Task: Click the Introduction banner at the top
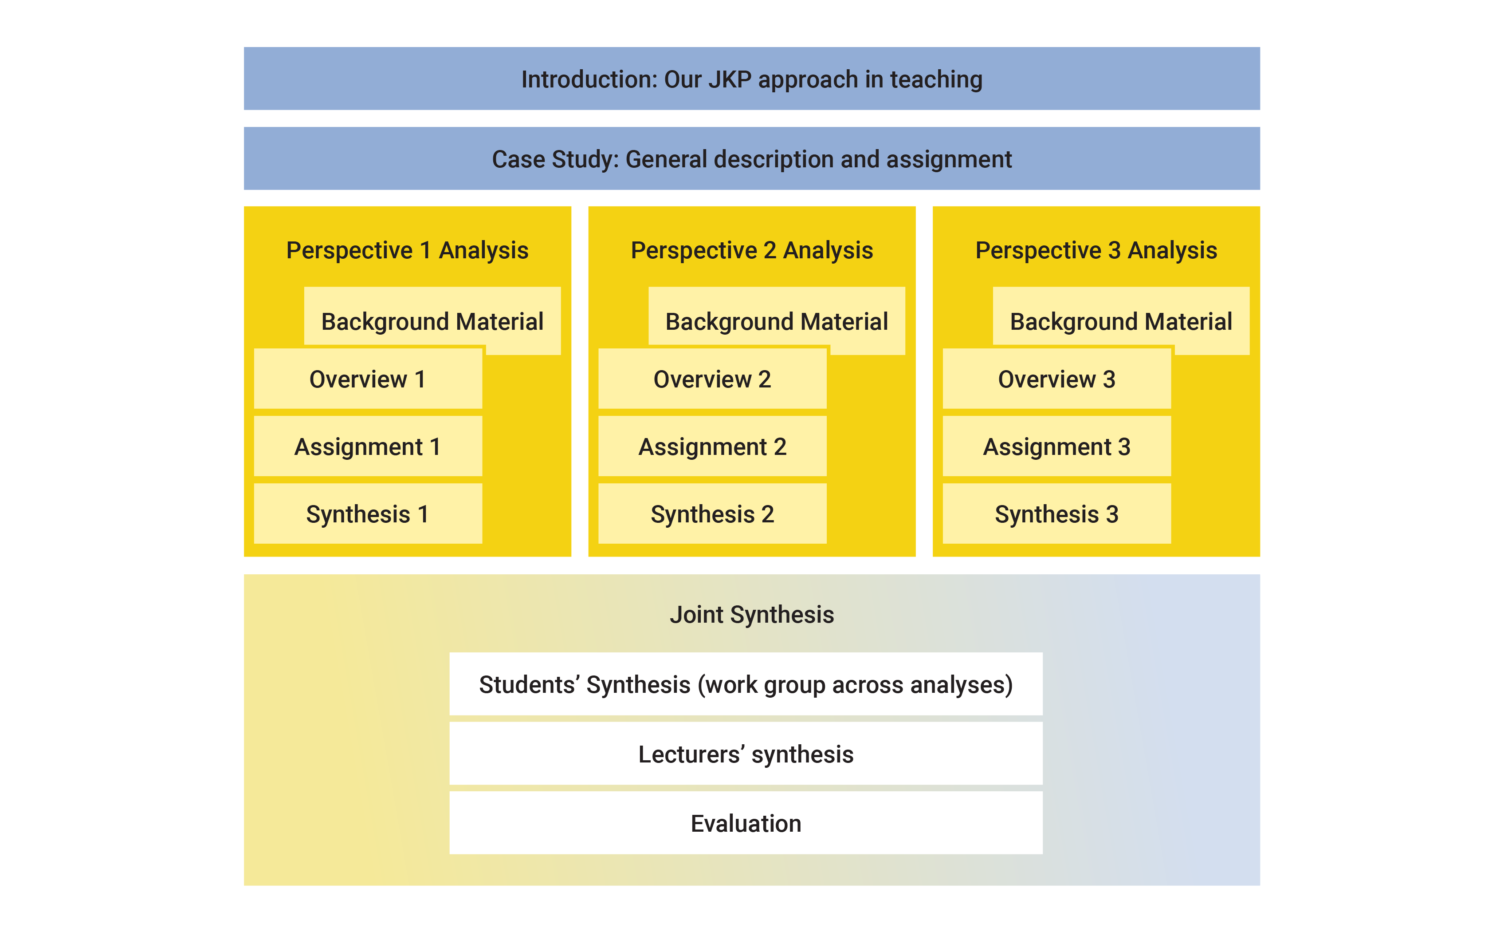752,79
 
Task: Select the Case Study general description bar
752,158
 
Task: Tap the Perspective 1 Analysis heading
407,250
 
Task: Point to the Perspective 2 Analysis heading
752,250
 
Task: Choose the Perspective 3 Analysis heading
1096,250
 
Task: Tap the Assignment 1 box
368,446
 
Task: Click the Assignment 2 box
713,446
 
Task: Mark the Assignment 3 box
1056,446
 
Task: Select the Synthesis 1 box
368,514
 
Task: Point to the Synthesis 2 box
713,514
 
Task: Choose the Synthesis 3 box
1056,514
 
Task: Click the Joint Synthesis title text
752,615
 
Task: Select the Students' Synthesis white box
746,684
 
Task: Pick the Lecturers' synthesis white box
746,754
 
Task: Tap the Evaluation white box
746,823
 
